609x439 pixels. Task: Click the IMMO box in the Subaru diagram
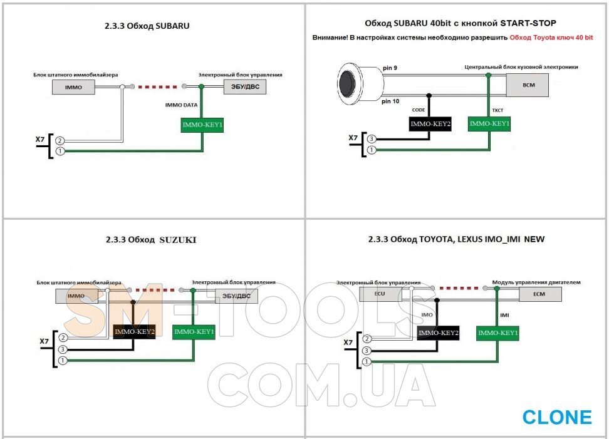pos(73,87)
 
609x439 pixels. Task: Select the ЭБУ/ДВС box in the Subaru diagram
pos(245,87)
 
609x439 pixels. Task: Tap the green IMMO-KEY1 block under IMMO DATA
pos(202,125)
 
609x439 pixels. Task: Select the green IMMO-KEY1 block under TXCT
pos(489,124)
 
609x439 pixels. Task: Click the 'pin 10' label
pos(391,101)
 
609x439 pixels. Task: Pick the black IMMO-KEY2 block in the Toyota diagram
pos(438,334)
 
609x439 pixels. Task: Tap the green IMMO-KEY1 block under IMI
pos(497,333)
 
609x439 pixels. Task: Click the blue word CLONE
pos(556,417)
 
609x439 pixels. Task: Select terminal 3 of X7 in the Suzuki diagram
pos(61,349)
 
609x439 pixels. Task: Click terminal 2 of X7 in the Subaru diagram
pos(60,140)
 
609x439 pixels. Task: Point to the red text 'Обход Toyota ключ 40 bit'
pos(551,38)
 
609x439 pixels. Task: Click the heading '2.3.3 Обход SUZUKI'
pos(152,239)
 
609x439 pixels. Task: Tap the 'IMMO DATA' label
pos(181,106)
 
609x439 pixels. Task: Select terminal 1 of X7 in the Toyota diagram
pos(367,361)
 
